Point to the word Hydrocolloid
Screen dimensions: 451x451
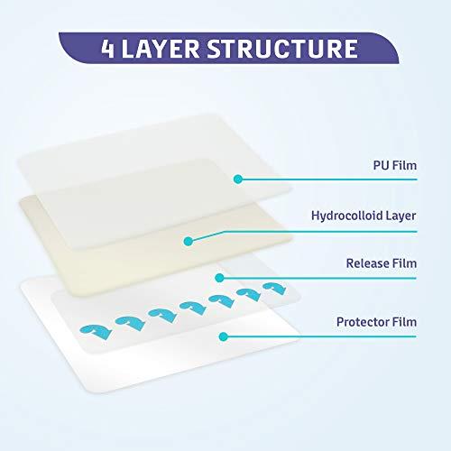pos(344,217)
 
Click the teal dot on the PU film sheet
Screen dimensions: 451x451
pos(237,179)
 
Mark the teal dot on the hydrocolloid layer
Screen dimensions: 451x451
pos(189,240)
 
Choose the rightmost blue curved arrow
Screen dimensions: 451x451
pos(272,288)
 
